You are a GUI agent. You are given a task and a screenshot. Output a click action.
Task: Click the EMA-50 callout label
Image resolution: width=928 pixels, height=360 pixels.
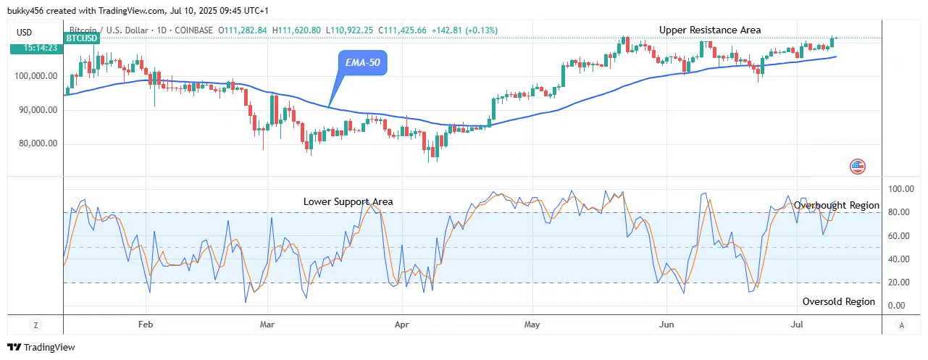pyautogui.click(x=363, y=63)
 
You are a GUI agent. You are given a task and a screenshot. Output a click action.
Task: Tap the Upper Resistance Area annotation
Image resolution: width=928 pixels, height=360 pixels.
pyautogui.click(x=710, y=30)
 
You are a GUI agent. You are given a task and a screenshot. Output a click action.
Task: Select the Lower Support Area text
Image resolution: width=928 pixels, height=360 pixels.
pyautogui.click(x=348, y=201)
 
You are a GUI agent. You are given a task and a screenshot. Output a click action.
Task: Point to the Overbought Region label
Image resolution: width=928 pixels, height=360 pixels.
pyautogui.click(x=836, y=206)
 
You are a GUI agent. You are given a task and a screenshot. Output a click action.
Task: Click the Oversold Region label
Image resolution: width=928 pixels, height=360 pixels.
pyautogui.click(x=838, y=301)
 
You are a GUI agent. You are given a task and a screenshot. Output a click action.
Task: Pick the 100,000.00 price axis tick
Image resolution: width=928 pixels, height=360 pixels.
pyautogui.click(x=35, y=76)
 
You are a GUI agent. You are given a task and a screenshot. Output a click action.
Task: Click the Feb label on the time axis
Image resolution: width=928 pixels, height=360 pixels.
pyautogui.click(x=146, y=325)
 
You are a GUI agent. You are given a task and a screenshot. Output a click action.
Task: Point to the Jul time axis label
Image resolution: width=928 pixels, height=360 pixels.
pyautogui.click(x=798, y=325)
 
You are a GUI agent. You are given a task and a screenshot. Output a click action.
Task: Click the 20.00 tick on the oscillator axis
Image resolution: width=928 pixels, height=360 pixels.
pyautogui.click(x=900, y=282)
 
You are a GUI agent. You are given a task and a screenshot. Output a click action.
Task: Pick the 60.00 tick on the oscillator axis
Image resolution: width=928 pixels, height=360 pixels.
pyautogui.click(x=900, y=236)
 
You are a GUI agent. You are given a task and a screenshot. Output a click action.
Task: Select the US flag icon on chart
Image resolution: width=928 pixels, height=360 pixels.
pyautogui.click(x=857, y=167)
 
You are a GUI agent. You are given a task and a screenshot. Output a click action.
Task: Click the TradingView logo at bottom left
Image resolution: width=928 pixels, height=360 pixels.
pyautogui.click(x=41, y=348)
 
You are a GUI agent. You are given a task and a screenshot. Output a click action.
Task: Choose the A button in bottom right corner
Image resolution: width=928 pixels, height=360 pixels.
pyautogui.click(x=900, y=325)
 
